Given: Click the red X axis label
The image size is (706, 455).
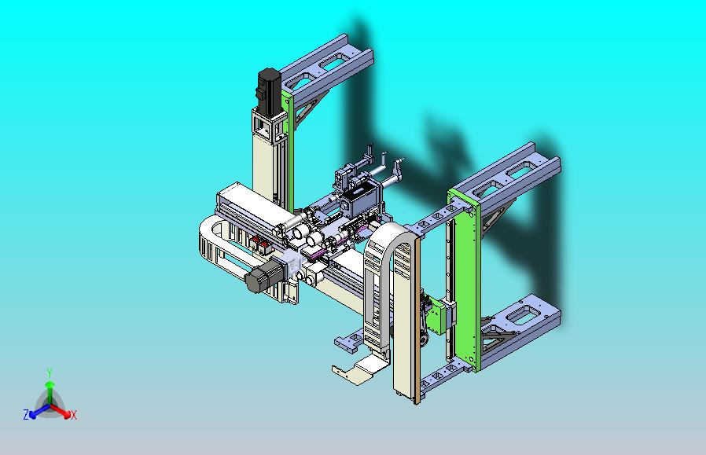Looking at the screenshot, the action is [74, 415].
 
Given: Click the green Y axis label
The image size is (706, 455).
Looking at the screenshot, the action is [50, 372].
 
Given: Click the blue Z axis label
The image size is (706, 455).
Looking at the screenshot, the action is [26, 414].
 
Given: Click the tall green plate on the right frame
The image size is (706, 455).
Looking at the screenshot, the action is [465, 279].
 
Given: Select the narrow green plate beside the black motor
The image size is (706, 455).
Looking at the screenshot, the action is [288, 149].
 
